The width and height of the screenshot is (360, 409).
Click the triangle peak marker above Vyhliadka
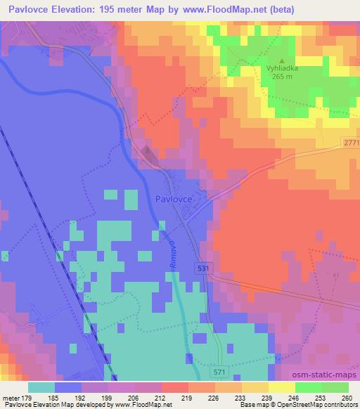283,61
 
